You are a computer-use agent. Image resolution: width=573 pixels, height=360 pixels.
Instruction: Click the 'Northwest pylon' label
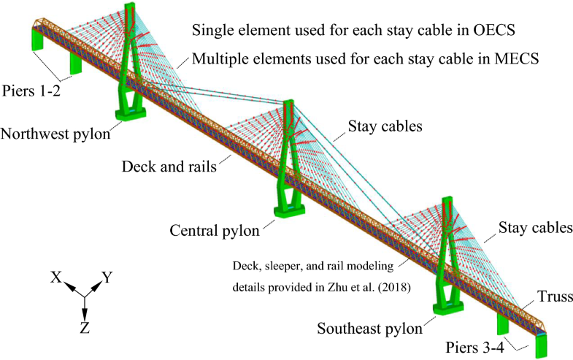click(x=55, y=134)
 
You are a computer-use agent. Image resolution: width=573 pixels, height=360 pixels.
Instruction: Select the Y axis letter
click(x=107, y=277)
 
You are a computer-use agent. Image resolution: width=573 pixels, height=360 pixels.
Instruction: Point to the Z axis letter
click(x=85, y=328)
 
